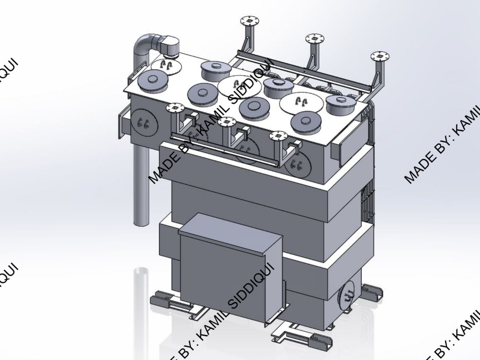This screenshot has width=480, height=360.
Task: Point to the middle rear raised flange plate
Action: click(x=313, y=38)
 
